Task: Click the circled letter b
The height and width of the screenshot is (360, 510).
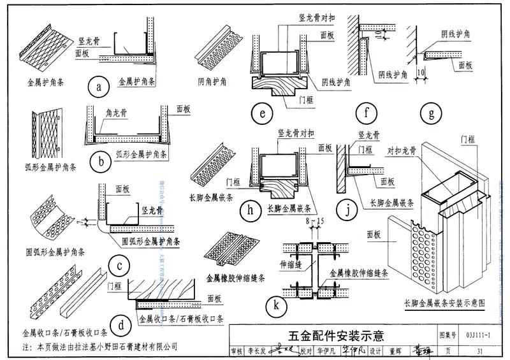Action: point(101,161)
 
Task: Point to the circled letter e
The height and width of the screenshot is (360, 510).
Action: point(262,115)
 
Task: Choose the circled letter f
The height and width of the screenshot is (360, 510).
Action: point(367,115)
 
